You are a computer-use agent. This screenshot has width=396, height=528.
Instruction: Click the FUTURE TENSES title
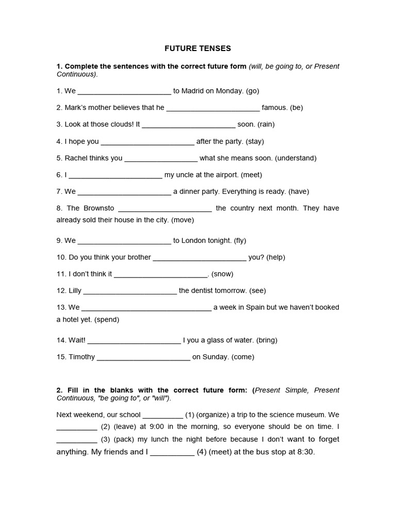point(197,48)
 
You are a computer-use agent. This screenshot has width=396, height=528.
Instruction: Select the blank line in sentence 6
point(115,175)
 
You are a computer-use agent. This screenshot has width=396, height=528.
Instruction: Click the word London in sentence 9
point(194,240)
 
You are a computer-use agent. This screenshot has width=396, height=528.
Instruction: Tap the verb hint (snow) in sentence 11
point(222,274)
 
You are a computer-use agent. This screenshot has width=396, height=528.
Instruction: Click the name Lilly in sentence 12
point(72,291)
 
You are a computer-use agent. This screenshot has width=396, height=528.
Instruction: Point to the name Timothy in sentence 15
point(82,357)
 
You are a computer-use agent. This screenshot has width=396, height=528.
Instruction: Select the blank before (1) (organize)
point(162,415)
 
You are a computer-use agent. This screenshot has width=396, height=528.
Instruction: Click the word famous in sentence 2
point(274,108)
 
